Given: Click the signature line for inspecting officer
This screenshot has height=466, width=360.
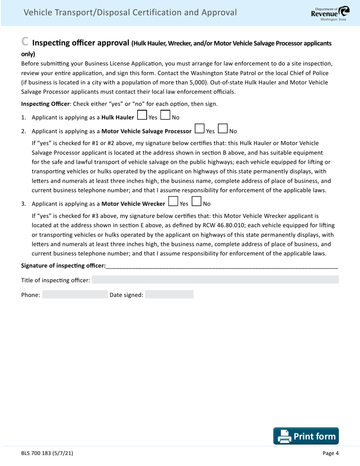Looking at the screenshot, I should (222, 266).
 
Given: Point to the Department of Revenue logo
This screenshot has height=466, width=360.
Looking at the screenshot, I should (328, 13).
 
